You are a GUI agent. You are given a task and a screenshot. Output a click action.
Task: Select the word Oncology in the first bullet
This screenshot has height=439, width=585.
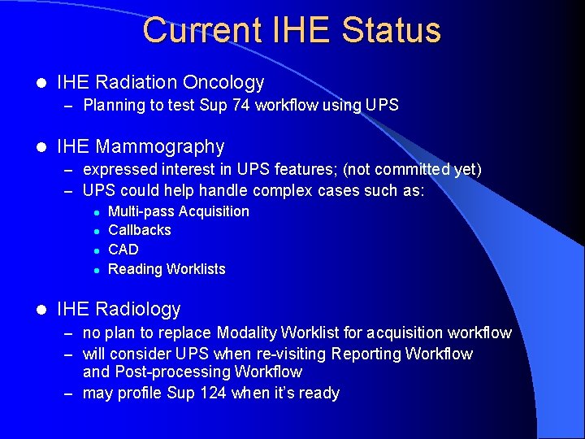[x=223, y=82]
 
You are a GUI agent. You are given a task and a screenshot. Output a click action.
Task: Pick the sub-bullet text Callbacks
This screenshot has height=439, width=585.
[x=140, y=230]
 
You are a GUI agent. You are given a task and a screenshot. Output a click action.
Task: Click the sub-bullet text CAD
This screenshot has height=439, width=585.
[x=123, y=250]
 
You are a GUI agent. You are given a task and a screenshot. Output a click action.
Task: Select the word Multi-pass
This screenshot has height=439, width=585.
[x=141, y=211]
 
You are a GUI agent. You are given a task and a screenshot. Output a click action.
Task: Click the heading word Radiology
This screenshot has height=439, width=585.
[x=137, y=309]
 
